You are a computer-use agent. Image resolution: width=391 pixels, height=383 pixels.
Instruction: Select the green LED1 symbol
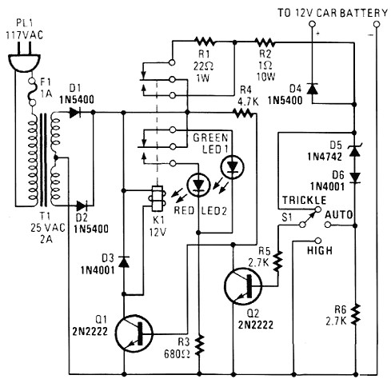coord(232,167)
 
